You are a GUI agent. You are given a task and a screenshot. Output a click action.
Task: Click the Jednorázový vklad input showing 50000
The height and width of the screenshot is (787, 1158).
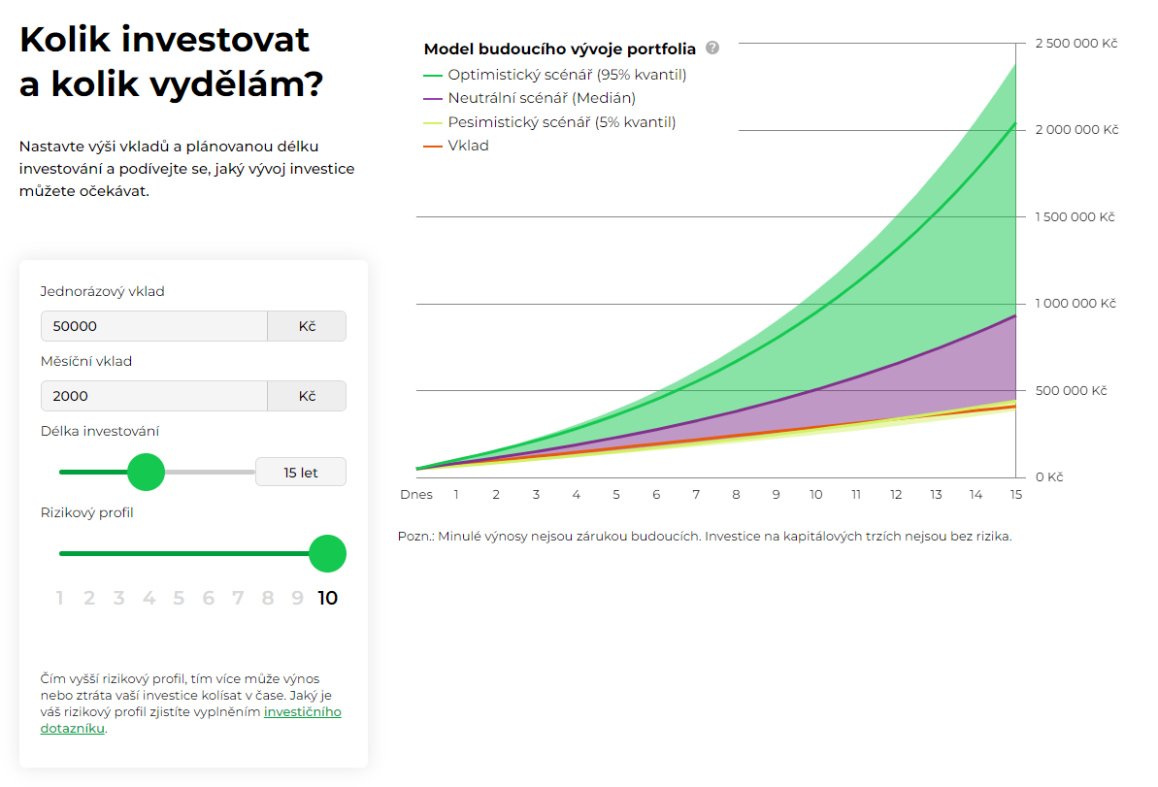tap(153, 326)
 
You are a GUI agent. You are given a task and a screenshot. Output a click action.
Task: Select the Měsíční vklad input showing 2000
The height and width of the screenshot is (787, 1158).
tap(153, 396)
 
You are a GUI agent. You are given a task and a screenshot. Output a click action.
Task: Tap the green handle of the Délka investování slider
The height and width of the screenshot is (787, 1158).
tap(147, 472)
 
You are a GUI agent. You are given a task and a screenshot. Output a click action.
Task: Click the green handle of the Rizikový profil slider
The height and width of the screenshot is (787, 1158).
tap(327, 553)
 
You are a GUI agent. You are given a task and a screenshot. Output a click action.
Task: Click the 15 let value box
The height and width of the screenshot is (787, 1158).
tap(301, 473)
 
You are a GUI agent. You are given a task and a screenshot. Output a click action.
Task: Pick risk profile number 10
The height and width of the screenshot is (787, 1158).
tap(328, 598)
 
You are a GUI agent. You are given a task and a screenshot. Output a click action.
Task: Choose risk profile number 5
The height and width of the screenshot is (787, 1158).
tap(179, 598)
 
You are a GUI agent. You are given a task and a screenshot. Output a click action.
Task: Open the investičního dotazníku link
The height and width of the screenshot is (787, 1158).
tap(303, 712)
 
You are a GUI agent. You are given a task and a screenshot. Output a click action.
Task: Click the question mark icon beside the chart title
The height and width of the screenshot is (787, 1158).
tap(712, 48)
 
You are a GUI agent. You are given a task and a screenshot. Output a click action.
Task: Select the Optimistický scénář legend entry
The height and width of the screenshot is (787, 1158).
tap(567, 75)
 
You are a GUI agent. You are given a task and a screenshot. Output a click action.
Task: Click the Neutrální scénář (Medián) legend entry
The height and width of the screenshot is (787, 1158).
tap(542, 98)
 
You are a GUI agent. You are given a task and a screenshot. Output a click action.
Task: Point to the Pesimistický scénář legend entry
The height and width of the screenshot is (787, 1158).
tap(561, 122)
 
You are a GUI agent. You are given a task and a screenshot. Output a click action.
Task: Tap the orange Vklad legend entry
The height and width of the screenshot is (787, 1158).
tap(468, 146)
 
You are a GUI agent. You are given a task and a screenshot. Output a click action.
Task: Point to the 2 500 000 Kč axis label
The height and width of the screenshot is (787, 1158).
tap(1076, 44)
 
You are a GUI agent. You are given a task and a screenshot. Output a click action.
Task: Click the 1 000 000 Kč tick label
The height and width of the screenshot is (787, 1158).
tap(1076, 304)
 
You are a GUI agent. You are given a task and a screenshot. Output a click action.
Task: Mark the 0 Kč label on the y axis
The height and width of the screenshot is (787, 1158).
tap(1049, 477)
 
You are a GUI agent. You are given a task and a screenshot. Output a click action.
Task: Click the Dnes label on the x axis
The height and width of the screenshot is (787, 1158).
tap(416, 495)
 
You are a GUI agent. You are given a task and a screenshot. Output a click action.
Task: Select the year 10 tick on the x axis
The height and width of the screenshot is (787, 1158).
tap(816, 495)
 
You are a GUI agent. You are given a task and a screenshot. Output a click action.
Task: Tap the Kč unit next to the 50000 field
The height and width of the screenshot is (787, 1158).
tap(307, 326)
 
